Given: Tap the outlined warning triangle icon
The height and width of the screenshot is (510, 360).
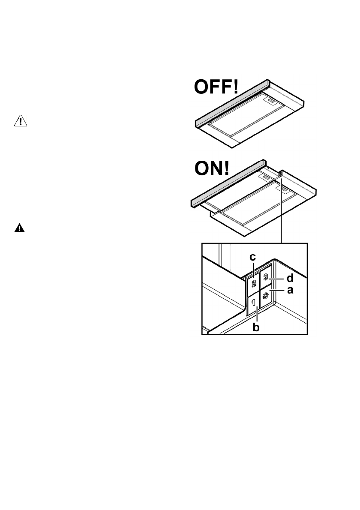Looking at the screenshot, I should (20, 122).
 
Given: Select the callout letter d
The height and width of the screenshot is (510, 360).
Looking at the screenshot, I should (290, 278).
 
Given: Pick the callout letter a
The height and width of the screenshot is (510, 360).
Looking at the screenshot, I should (290, 291).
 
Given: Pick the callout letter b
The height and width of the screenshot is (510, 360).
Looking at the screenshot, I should (257, 328).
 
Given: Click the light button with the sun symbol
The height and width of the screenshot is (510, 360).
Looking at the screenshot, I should (265, 296).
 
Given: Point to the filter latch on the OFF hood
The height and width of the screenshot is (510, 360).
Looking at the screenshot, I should (272, 101).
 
